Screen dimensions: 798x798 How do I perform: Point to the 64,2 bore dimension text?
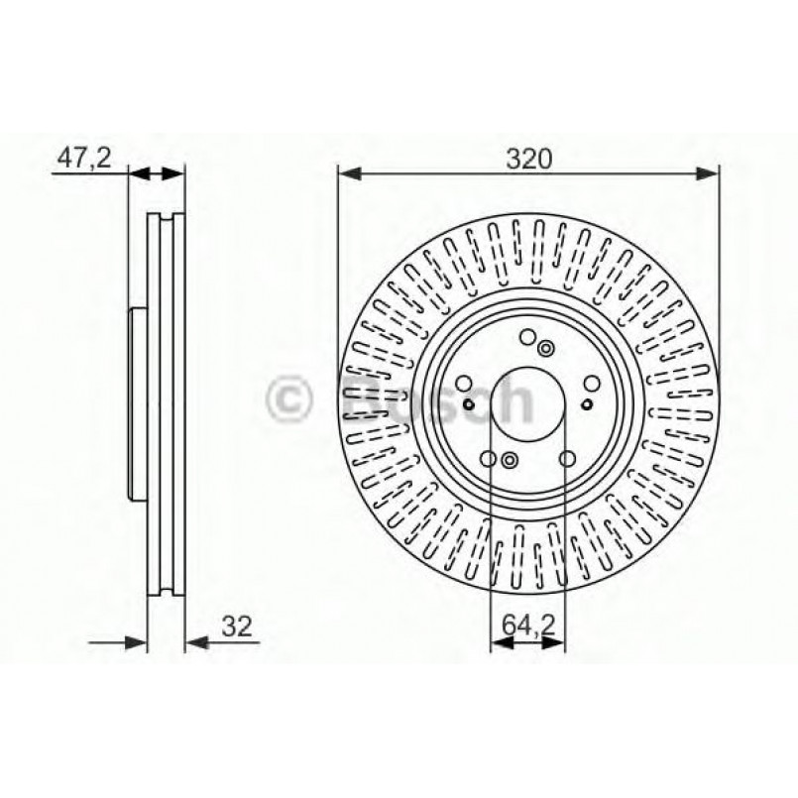[x=529, y=627]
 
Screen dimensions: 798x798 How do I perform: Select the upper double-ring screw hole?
[x=546, y=347]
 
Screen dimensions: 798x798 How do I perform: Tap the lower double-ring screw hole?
[x=509, y=459]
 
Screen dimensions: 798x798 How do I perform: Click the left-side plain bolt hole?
[x=464, y=385]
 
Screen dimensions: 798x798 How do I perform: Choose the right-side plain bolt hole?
[x=591, y=385]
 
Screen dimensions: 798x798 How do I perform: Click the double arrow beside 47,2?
[x=157, y=174]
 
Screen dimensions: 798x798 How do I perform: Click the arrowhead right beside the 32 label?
[x=195, y=642]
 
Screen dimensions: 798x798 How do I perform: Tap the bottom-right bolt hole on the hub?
[x=567, y=459]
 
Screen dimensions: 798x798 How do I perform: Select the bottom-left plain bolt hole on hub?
[x=489, y=459]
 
